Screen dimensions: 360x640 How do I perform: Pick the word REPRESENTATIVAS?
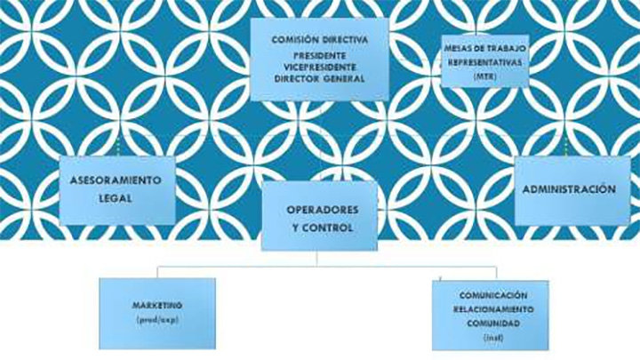point(484,64)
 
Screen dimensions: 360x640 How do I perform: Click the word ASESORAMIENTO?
point(116,180)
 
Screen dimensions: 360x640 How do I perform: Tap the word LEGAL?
point(116,198)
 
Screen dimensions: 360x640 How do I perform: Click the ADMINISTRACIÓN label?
point(569,189)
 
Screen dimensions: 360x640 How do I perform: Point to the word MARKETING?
point(156,304)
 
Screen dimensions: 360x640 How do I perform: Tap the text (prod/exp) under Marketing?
point(156,318)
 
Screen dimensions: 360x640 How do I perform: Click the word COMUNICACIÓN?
point(493,294)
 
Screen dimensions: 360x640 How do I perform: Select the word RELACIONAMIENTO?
point(493,308)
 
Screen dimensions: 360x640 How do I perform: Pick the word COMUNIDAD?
point(493,324)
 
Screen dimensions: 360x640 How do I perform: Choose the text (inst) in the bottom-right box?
point(493,338)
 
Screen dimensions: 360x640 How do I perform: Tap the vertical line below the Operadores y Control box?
point(317,257)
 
